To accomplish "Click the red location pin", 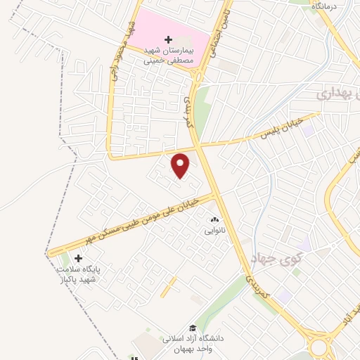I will click(x=181, y=166).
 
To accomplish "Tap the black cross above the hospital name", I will click(x=167, y=40).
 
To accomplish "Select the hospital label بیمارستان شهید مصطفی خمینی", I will click(x=169, y=57).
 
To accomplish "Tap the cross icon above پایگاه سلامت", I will click(x=78, y=259).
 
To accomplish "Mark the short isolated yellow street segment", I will click(x=168, y=287).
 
